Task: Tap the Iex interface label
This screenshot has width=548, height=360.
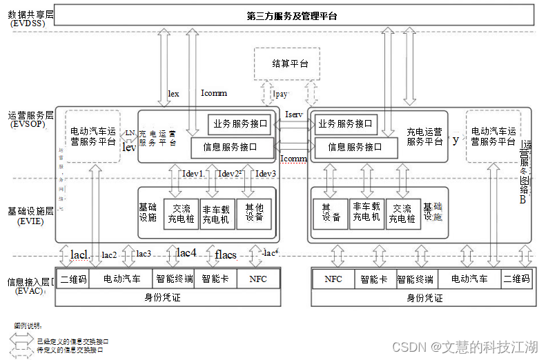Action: (x=174, y=93)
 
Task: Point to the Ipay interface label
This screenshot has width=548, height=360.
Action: (x=281, y=92)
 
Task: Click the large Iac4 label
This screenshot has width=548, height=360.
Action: (x=187, y=252)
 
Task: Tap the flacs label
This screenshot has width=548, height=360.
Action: (x=226, y=254)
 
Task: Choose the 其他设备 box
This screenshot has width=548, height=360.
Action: (x=254, y=211)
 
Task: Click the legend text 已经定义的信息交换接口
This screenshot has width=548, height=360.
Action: (x=73, y=341)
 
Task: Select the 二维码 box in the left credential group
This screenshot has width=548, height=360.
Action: (x=73, y=279)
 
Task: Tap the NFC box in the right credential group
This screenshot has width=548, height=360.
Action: (x=333, y=279)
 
